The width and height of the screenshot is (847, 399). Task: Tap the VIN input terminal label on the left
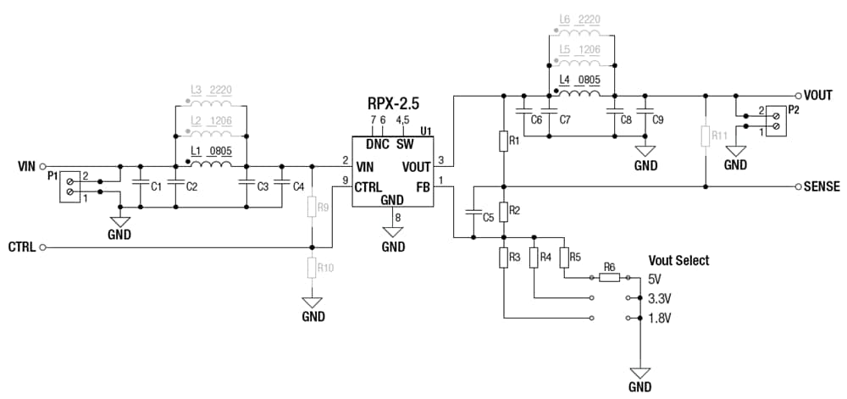tap(26, 166)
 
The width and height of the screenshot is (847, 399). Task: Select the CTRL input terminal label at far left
tap(22, 247)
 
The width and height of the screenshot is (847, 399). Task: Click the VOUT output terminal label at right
tap(821, 96)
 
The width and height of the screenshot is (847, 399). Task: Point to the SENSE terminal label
tap(822, 186)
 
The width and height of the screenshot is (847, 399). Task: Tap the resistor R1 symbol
tap(504, 141)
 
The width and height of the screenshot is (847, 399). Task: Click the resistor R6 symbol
tap(610, 277)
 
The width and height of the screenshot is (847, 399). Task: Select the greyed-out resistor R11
tap(705, 136)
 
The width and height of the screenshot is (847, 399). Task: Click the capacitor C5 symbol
tap(473, 216)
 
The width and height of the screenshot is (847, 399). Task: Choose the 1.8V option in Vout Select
tap(659, 319)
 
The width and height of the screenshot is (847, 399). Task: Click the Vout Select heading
tap(678, 260)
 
